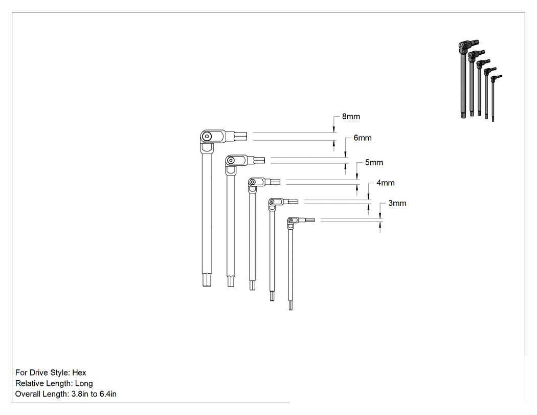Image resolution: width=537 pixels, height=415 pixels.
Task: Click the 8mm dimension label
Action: click(x=351, y=117)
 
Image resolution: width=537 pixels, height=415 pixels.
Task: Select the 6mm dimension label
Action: click(x=363, y=138)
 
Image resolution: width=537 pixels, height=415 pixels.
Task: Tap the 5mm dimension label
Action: click(x=374, y=162)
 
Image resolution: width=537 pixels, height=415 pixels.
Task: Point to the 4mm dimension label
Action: click(x=386, y=183)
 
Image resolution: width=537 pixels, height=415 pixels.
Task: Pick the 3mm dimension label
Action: click(x=397, y=203)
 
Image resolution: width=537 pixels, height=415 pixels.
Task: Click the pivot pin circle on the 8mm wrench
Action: click(x=207, y=137)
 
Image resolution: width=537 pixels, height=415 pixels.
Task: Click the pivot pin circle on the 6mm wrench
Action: click(x=231, y=160)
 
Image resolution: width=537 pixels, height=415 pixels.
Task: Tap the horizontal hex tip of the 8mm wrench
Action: click(x=240, y=137)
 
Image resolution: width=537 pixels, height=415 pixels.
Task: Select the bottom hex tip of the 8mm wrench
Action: click(x=207, y=279)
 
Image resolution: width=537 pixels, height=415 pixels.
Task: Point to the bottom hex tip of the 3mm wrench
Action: click(x=291, y=304)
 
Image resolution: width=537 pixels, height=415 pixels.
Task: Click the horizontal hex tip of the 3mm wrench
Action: click(x=310, y=220)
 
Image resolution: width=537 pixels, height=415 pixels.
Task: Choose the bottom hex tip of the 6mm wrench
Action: click(x=231, y=281)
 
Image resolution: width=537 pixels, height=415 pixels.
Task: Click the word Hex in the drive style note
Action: click(x=79, y=373)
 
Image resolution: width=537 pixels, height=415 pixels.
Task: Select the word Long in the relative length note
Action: click(x=84, y=383)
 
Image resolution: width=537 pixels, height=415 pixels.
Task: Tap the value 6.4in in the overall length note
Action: click(x=108, y=394)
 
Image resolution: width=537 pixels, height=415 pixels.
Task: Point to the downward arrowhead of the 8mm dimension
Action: click(x=334, y=130)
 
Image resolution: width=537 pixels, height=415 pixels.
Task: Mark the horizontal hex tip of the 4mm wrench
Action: click(x=293, y=202)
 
